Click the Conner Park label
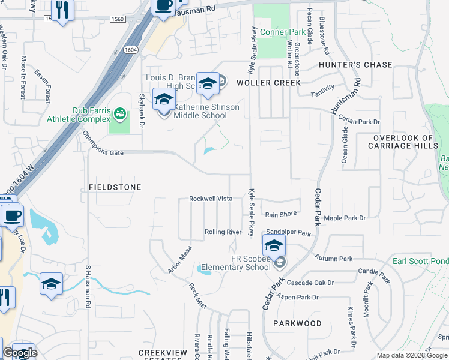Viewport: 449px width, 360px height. click(282, 31)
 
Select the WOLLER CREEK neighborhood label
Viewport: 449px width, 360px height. click(268, 83)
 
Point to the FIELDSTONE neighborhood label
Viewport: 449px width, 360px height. click(115, 187)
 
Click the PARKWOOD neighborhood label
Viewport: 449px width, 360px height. click(297, 323)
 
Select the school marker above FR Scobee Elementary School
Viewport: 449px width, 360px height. click(273, 245)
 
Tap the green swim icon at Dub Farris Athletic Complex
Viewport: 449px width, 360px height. click(120, 112)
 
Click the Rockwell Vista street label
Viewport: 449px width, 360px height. click(211, 199)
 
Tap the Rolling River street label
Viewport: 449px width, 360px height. click(223, 232)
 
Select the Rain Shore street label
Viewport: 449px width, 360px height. click(281, 214)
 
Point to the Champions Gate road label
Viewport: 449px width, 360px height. click(103, 153)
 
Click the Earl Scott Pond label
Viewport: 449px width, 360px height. click(420, 261)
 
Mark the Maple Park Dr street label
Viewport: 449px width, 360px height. click(345, 218)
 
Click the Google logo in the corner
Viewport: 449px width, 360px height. click(20, 353)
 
